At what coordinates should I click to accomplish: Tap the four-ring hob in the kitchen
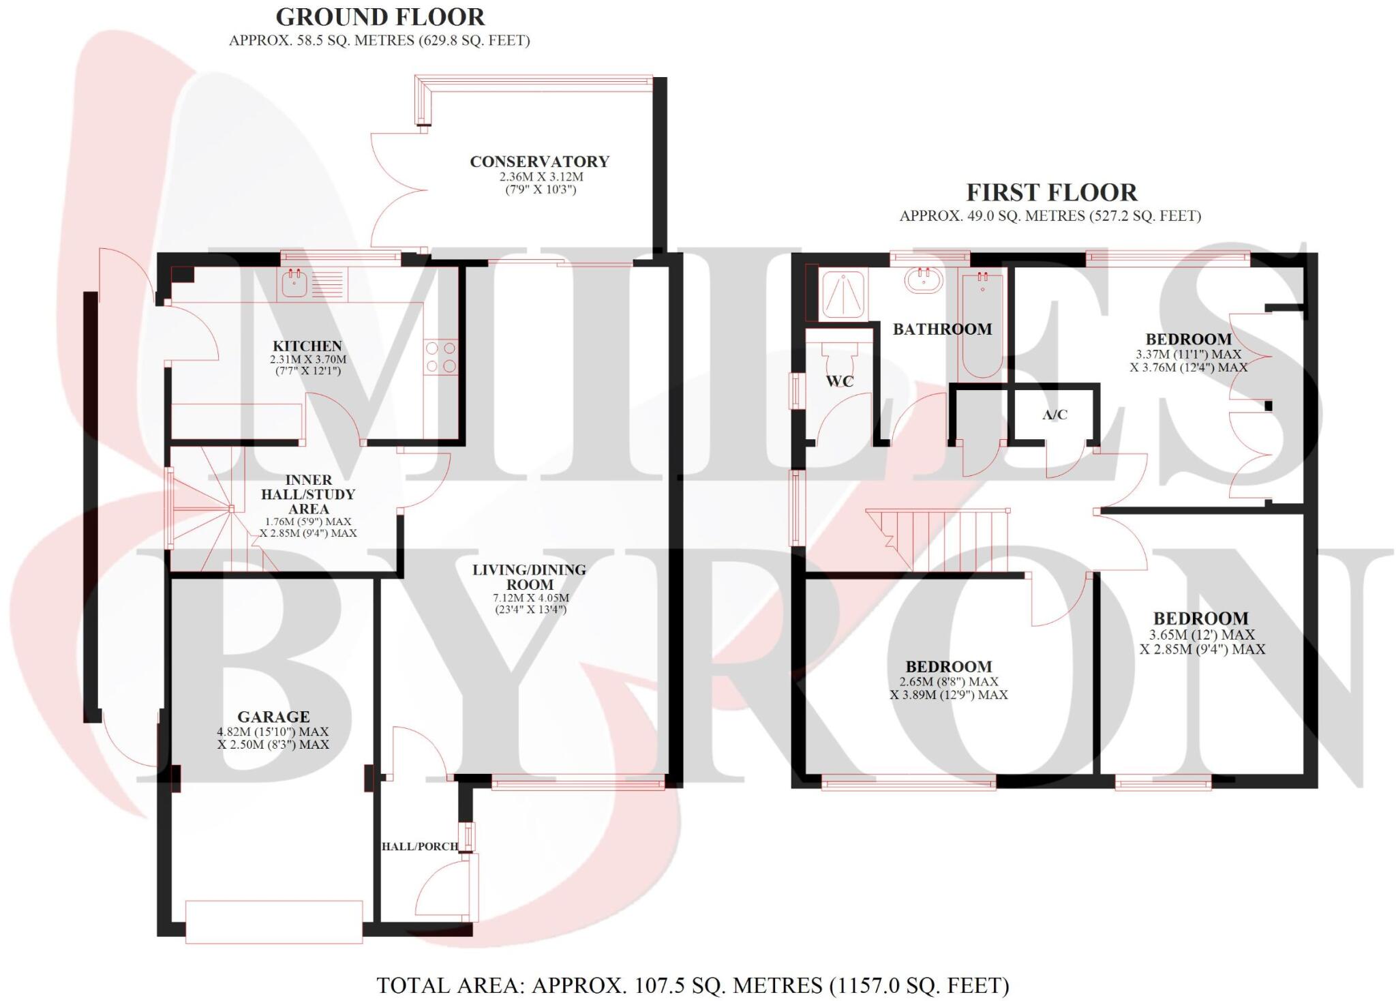(x=440, y=357)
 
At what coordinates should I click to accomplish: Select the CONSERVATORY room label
(x=539, y=162)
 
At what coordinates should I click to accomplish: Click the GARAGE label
(x=273, y=717)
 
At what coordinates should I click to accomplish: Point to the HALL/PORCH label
(x=419, y=846)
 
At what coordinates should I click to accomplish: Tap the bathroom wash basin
(x=924, y=280)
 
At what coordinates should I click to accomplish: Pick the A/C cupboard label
(x=1054, y=415)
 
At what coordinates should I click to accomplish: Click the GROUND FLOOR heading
(x=380, y=16)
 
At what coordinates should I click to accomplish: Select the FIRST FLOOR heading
(x=1051, y=193)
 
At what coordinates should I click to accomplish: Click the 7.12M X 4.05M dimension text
(x=530, y=598)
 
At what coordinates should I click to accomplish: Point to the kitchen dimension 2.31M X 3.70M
(x=308, y=359)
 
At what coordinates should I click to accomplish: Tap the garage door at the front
(x=274, y=922)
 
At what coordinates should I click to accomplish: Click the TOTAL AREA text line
(x=693, y=985)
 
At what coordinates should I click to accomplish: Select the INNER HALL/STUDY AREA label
(x=308, y=494)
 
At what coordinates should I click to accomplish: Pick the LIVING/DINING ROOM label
(x=530, y=577)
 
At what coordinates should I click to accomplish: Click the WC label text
(x=840, y=382)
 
